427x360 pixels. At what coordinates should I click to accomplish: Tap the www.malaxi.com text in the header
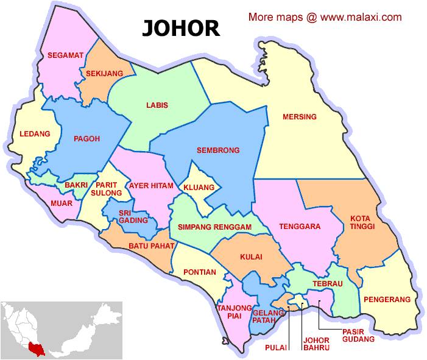pos(361,17)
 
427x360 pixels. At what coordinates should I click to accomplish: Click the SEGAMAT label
pos(65,55)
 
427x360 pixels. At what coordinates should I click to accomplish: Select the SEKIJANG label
pos(104,73)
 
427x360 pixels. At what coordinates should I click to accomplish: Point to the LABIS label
pos(157,105)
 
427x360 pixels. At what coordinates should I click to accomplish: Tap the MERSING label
pos(299,116)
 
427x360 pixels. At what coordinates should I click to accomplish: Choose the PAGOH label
pos(86,138)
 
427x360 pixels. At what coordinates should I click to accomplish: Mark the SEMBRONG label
pos(218,150)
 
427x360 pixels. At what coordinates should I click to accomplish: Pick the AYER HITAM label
pos(150,185)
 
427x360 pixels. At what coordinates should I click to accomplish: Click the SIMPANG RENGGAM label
pos(214,227)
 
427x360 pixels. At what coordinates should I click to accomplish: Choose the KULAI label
pos(251,257)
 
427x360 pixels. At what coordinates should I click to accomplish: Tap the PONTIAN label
pos(199,272)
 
